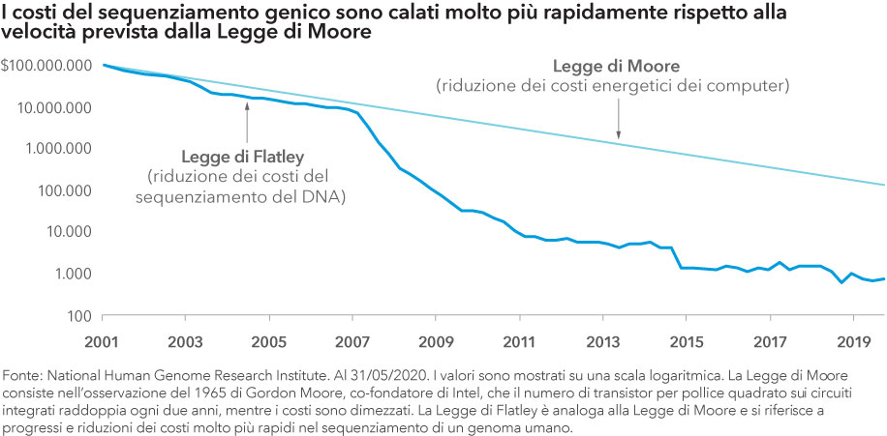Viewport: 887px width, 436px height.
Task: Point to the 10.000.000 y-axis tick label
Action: [x=53, y=106]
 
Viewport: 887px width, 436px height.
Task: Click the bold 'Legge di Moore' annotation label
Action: [x=616, y=66]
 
